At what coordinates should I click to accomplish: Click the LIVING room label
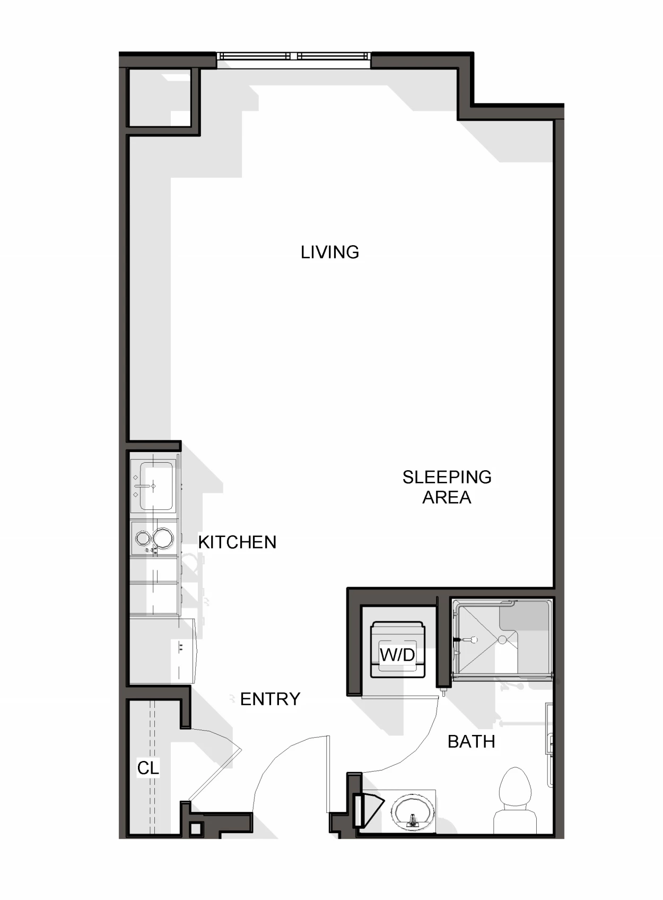[330, 252]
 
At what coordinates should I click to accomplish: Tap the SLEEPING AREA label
[447, 487]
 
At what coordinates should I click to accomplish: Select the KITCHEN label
[237, 542]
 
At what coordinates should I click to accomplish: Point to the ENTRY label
[271, 699]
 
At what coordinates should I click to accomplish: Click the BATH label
[472, 742]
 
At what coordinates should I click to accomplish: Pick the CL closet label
[148, 768]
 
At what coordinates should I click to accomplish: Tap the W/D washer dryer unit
[397, 650]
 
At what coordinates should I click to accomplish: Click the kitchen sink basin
[156, 486]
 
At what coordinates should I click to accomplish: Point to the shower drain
[502, 639]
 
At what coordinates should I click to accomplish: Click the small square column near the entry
[196, 828]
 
